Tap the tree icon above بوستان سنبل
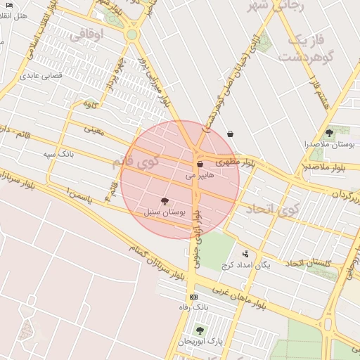pos(165,201)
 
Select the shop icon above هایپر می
pos(200,165)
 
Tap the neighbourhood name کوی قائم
pos(136,162)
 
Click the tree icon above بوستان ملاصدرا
pos(329,133)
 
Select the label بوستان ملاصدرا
pos(329,143)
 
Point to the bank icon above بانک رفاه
pos(194,297)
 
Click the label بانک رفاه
pos(194,307)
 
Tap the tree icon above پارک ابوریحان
pos(200,330)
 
